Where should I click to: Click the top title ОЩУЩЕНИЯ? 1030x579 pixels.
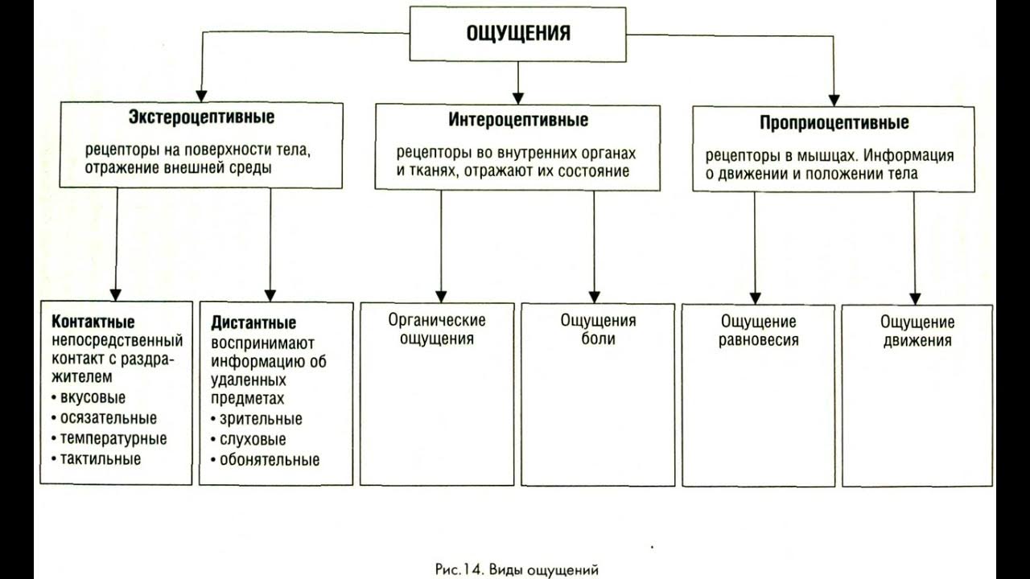pyautogui.click(x=518, y=33)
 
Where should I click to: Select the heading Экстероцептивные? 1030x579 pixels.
pyautogui.click(x=201, y=117)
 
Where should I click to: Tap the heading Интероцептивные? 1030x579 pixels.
pyautogui.click(x=518, y=121)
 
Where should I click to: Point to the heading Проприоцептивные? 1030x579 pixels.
pyautogui.click(x=834, y=123)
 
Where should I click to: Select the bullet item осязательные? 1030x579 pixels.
pyautogui.click(x=108, y=418)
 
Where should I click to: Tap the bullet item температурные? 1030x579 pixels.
pyautogui.click(x=113, y=439)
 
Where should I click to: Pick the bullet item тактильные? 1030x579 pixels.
pyautogui.click(x=100, y=460)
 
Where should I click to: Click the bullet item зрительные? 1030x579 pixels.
pyautogui.click(x=261, y=419)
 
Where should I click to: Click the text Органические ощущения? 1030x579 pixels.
pyautogui.click(x=437, y=330)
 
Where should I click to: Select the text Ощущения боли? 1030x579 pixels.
pyautogui.click(x=598, y=330)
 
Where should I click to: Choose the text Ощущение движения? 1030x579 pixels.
pyautogui.click(x=917, y=331)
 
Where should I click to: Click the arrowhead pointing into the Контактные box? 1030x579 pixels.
pyautogui.click(x=115, y=294)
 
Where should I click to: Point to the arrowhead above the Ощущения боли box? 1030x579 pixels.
pyautogui.click(x=595, y=295)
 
